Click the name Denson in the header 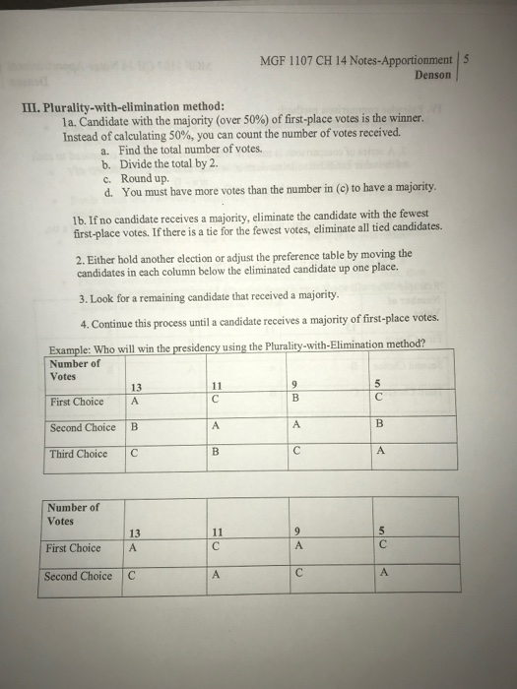433,74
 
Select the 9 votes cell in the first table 293,386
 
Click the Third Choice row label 79,454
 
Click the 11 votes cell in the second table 215,534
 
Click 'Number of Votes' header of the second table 74,514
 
